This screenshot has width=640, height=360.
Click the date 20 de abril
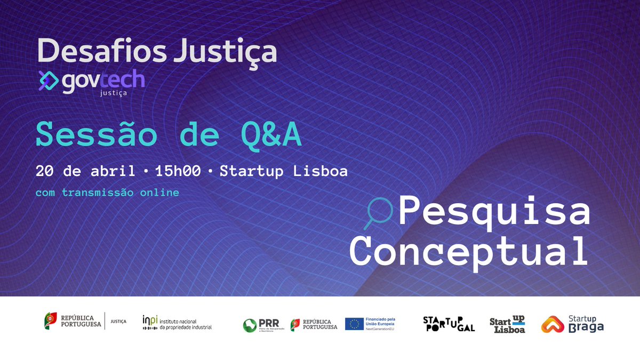[x=85, y=171]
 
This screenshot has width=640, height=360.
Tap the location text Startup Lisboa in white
[x=283, y=171]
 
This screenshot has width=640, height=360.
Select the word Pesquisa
[x=494, y=212]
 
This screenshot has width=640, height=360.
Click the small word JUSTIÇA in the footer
[x=118, y=322]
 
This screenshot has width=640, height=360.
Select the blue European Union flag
[x=354, y=324]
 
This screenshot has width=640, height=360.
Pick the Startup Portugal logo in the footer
[x=449, y=323]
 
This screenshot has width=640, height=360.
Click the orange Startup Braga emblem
[x=553, y=324]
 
